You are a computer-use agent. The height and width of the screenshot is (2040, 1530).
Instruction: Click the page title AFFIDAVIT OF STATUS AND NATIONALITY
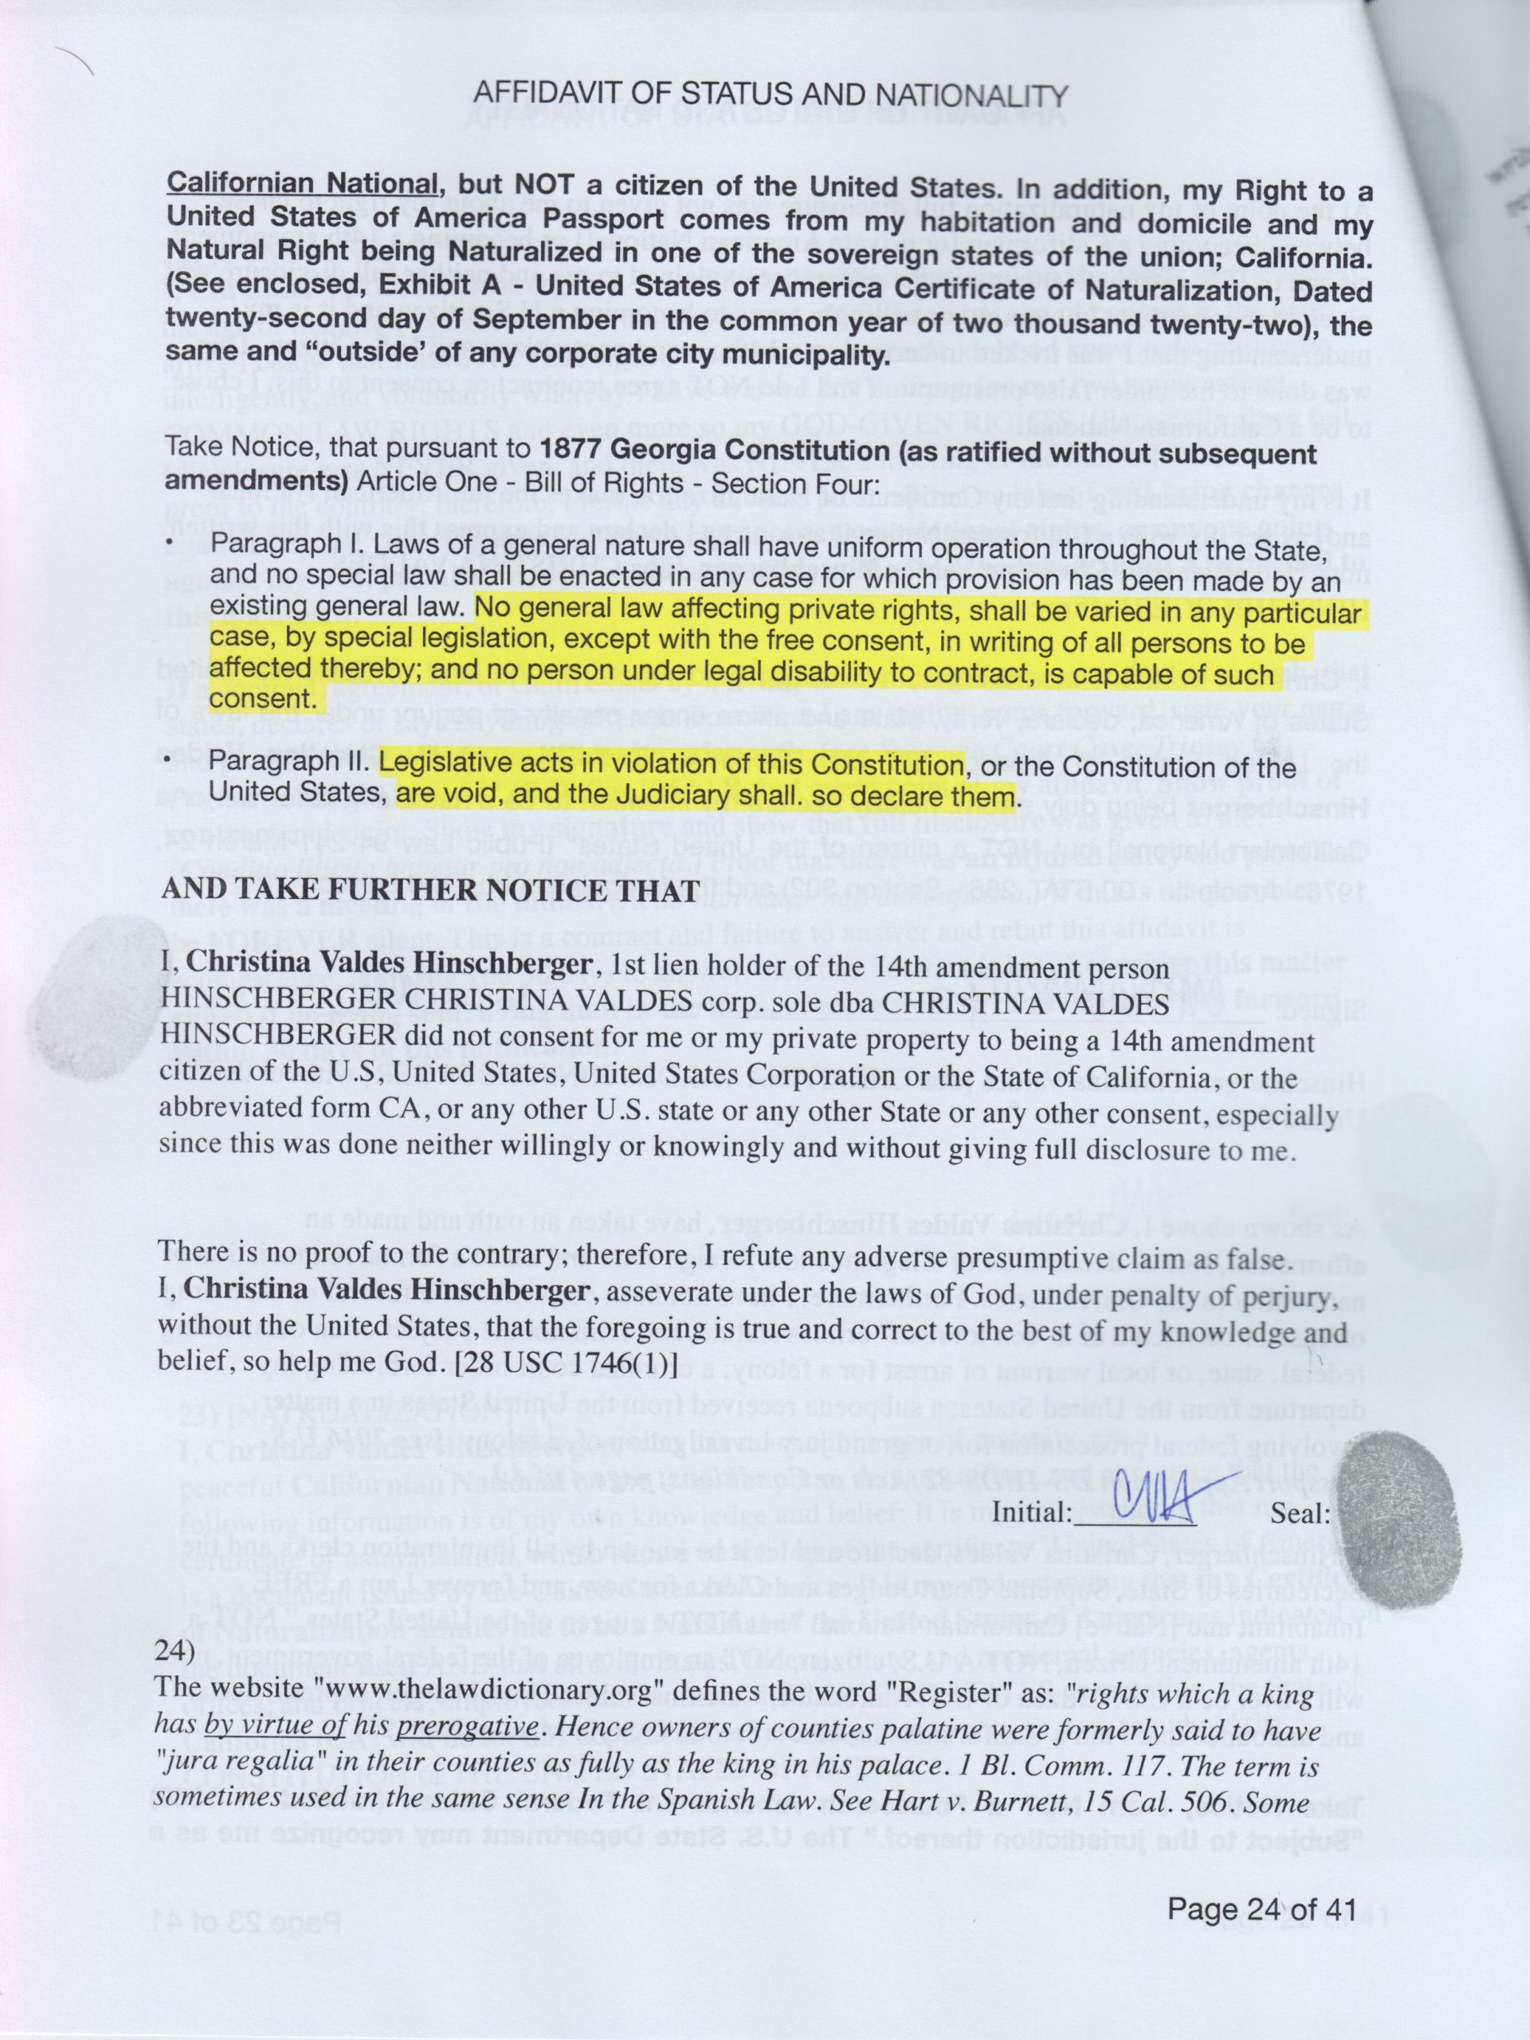(x=770, y=95)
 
